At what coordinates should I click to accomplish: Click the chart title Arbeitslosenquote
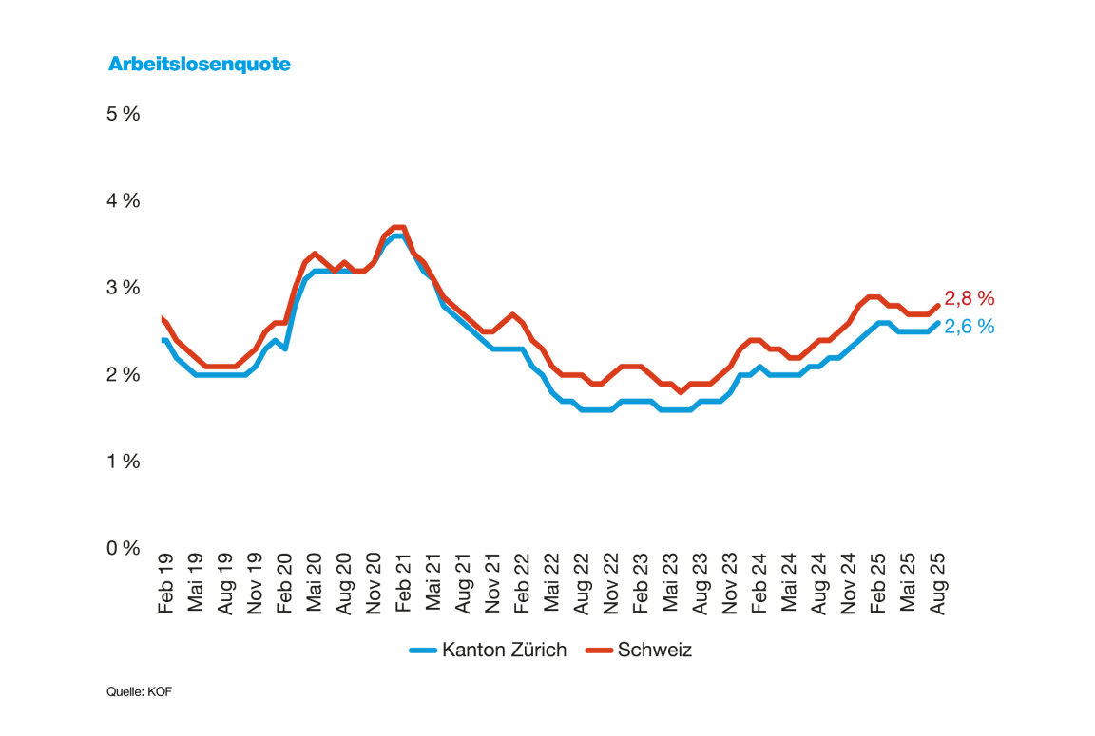[199, 65]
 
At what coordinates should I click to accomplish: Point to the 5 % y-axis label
[124, 114]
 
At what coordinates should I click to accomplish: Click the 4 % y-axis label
[124, 201]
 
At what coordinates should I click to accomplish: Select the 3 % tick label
[124, 288]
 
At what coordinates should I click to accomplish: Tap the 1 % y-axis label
[124, 462]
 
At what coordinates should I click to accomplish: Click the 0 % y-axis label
[124, 548]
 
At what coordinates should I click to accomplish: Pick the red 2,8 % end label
[969, 299]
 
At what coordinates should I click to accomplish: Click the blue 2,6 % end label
[969, 327]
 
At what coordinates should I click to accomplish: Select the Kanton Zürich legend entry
[488, 651]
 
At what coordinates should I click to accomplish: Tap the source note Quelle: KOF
[139, 692]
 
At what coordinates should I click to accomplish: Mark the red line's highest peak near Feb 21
[398, 227]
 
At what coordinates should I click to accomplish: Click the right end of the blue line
[938, 323]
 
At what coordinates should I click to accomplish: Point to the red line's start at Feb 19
[163, 319]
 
